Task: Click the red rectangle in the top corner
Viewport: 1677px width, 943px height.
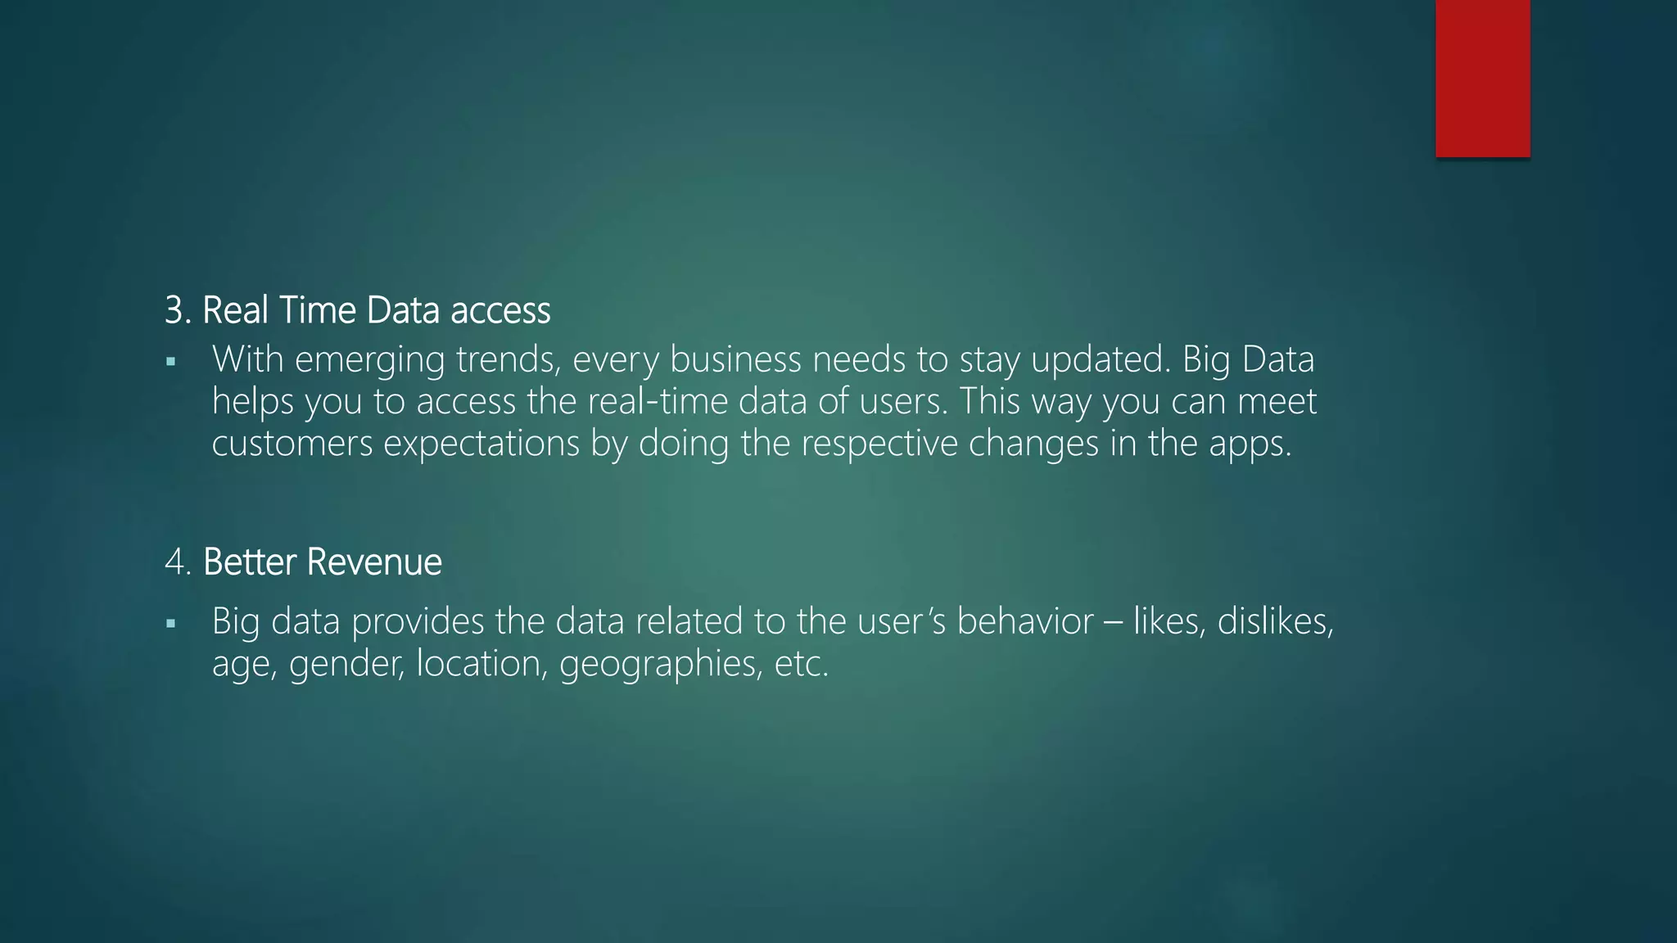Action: pos(1482,79)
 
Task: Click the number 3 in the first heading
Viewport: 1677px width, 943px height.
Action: pos(174,311)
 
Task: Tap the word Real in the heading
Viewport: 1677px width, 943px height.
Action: pos(234,311)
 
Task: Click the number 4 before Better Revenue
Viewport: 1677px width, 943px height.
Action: pos(175,562)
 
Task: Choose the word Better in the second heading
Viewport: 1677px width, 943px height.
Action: pos(249,562)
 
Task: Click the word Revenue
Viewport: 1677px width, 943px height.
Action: pos(374,562)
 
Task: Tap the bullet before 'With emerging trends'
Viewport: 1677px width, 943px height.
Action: pos(170,361)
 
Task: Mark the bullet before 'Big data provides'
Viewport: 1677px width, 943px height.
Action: pos(170,624)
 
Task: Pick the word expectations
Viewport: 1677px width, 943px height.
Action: pos(481,444)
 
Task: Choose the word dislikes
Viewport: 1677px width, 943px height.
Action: pos(1275,621)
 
